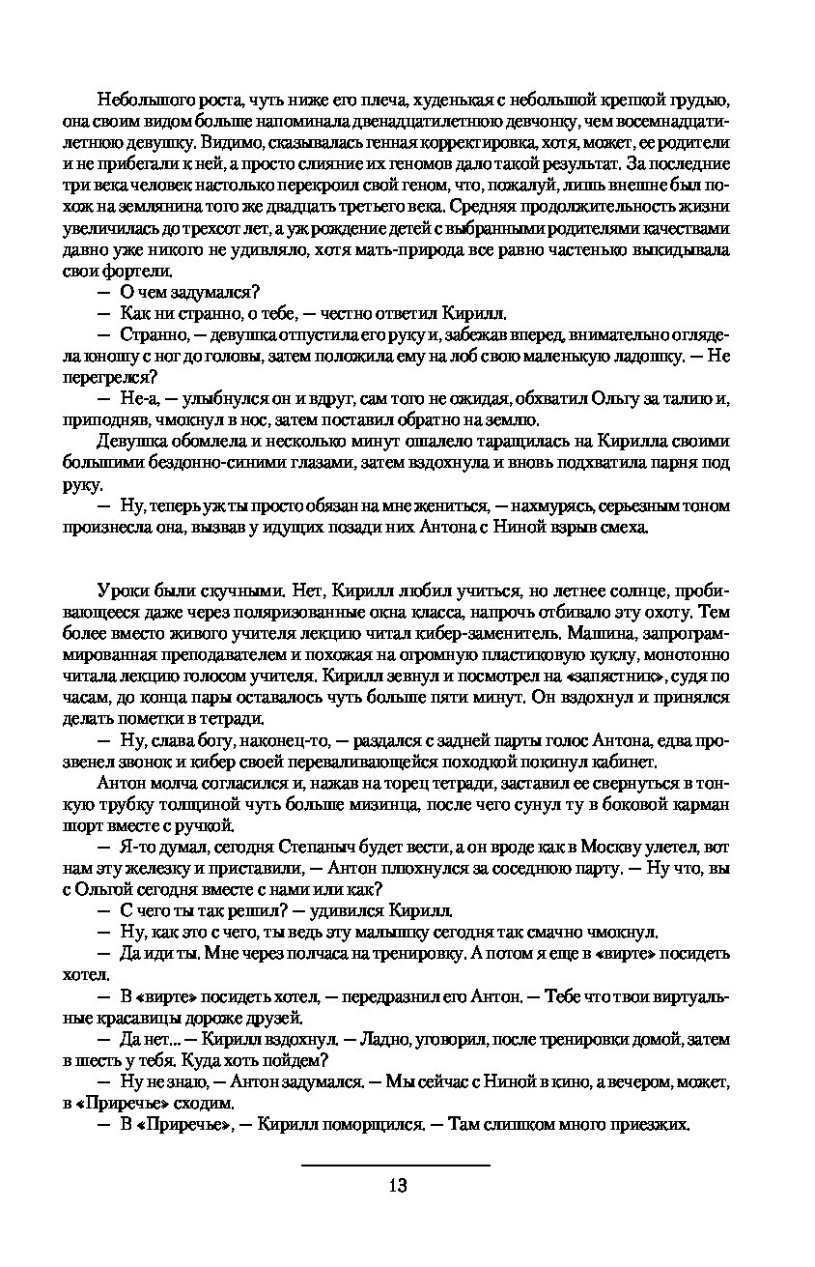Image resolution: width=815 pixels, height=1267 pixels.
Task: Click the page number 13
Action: [396, 1186]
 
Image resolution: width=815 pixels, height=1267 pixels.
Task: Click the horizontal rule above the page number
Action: [396, 1166]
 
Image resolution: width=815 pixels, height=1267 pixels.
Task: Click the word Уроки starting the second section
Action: [120, 591]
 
